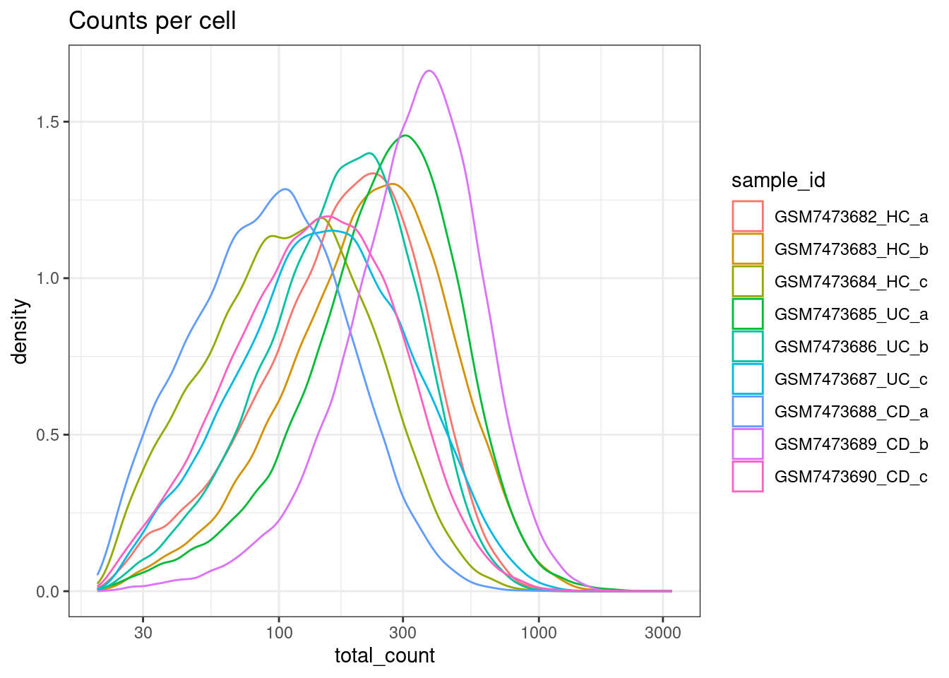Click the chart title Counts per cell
pyautogui.click(x=152, y=21)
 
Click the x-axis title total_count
pyautogui.click(x=384, y=656)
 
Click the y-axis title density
pyautogui.click(x=20, y=331)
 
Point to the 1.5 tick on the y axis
pyautogui.click(x=48, y=121)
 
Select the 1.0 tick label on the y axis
pyautogui.click(x=48, y=278)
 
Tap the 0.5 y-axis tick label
pyautogui.click(x=48, y=435)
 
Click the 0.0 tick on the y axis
pyautogui.click(x=48, y=592)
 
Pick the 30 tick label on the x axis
pyautogui.click(x=143, y=633)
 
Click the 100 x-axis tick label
pyautogui.click(x=279, y=633)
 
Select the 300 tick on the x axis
pyautogui.click(x=403, y=633)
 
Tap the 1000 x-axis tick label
pyautogui.click(x=539, y=633)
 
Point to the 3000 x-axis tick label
pyautogui.click(x=663, y=633)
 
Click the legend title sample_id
pyautogui.click(x=778, y=181)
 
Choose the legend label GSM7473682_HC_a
pyautogui.click(x=851, y=217)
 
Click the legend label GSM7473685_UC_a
pyautogui.click(x=851, y=314)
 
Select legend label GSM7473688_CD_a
pyautogui.click(x=851, y=412)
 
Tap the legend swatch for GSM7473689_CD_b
pyautogui.click(x=748, y=444)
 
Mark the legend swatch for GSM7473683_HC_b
pyautogui.click(x=748, y=249)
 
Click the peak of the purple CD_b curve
pyautogui.click(x=429, y=71)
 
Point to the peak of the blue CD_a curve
pyautogui.click(x=285, y=189)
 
